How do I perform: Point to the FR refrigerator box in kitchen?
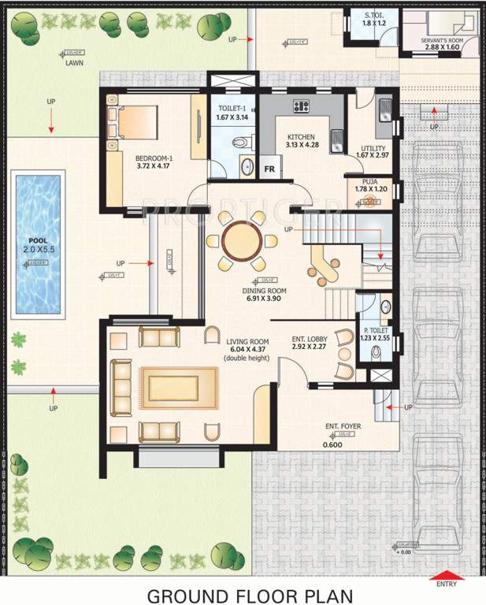(x=269, y=169)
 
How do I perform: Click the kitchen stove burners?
(x=300, y=106)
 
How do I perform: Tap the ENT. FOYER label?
(x=343, y=426)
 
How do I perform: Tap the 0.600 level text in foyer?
(x=332, y=444)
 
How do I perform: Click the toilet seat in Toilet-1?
(x=245, y=141)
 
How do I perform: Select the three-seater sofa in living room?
(x=121, y=387)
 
